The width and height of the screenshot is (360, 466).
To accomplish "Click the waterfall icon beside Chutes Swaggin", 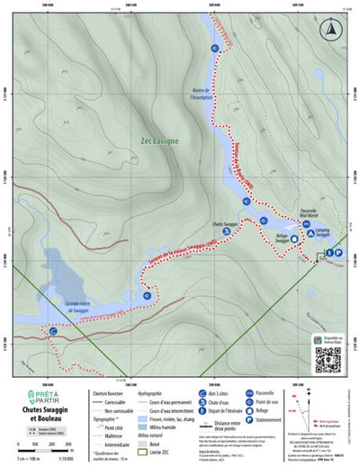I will point(225,230).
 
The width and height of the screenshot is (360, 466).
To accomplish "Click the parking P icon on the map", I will point(339,252).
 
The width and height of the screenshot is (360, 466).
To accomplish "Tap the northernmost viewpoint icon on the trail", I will point(215,48).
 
